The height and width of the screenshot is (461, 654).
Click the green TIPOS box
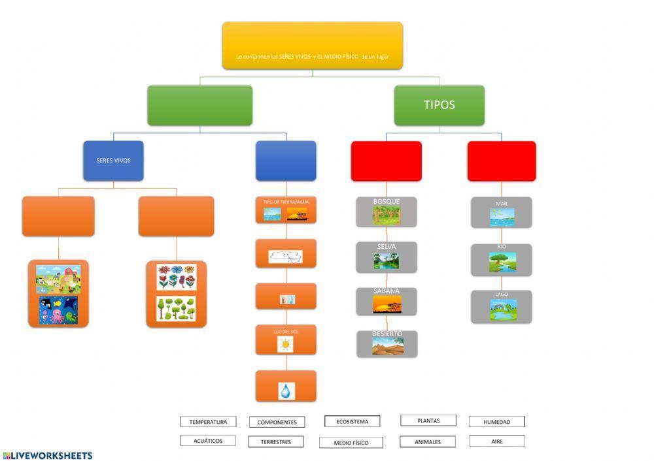tap(439, 105)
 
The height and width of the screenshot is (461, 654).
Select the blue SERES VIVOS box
tap(113, 161)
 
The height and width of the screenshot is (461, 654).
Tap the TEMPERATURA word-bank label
tap(208, 422)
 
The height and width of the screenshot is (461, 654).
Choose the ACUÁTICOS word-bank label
tap(208, 441)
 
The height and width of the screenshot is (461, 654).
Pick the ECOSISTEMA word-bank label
tap(352, 421)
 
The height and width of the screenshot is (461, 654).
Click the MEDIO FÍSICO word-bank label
tap(351, 443)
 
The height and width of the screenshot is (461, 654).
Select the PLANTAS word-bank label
tap(428, 421)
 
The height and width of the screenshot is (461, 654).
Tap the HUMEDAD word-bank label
tap(496, 422)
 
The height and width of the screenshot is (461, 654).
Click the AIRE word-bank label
tap(496, 441)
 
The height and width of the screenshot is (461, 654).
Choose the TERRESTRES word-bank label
tap(277, 441)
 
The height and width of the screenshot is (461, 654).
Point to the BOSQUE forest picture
tap(387, 215)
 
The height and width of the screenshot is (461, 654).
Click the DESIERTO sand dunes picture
tap(388, 346)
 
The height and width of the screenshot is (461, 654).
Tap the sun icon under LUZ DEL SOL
tap(286, 344)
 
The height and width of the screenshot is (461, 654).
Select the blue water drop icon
tap(286, 390)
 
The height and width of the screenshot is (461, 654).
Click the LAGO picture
tap(502, 310)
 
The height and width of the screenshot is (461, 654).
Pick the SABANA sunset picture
tap(387, 304)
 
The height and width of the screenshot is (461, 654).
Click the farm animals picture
tap(58, 279)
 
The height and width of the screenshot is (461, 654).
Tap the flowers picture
tap(176, 277)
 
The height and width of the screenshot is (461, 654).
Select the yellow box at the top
tap(313, 46)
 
